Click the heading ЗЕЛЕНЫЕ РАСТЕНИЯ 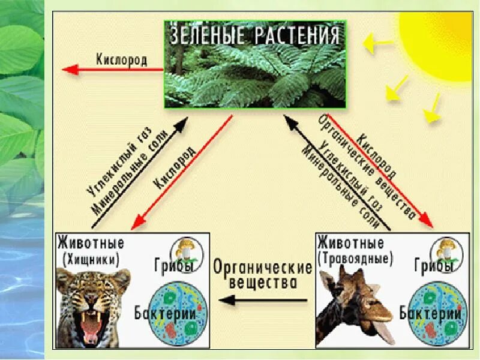coord(255,35)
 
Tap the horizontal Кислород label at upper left coord(122,60)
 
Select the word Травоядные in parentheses coord(355,259)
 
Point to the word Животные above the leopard coord(91,244)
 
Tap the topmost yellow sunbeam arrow coord(378,43)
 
